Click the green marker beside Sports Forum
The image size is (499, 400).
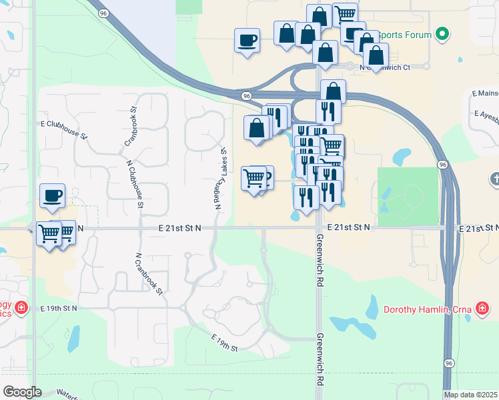[441, 33]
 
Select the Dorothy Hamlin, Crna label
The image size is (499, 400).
[427, 309]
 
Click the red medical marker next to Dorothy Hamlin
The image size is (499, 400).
[481, 308]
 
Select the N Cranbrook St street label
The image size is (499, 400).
[149, 274]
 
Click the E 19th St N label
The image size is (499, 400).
[59, 309]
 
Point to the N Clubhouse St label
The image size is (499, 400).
[133, 184]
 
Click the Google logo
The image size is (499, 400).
[22, 391]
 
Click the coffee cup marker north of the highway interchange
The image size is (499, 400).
[247, 41]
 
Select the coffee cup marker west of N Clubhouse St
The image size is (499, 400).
[52, 195]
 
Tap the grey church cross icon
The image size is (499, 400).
[494, 179]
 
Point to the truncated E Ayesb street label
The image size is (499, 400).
[484, 114]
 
